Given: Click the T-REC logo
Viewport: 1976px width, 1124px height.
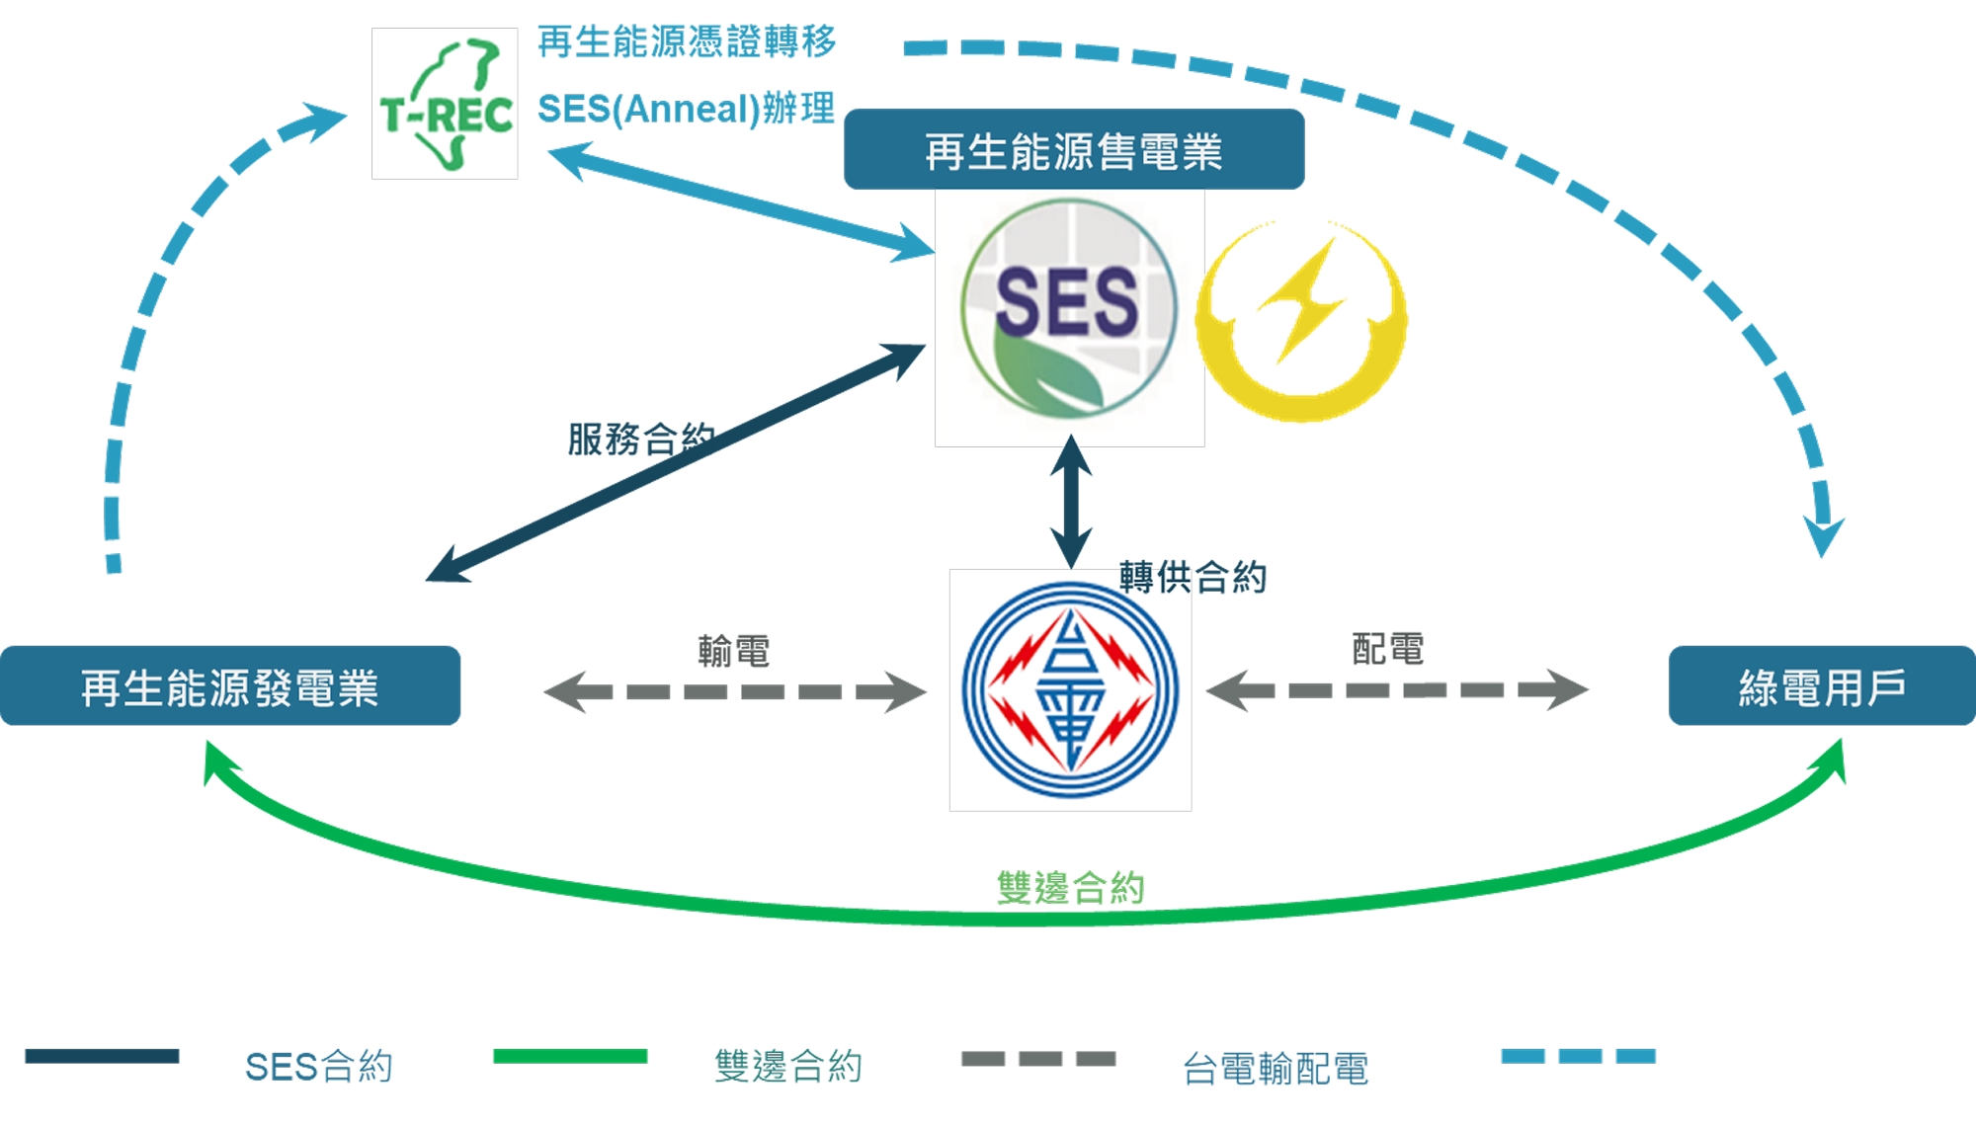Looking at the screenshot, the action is [445, 104].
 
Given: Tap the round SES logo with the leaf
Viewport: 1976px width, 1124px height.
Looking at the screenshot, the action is [1069, 308].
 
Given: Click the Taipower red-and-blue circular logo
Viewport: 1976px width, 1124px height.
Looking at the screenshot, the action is [1070, 690].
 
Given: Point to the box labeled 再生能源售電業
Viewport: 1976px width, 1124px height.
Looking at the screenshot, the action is [1074, 149].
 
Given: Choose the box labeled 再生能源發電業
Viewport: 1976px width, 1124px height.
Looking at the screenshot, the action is [230, 686].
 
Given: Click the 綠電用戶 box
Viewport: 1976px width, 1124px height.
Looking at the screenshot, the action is [1822, 686].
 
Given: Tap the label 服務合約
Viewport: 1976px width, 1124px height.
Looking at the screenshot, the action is [641, 439].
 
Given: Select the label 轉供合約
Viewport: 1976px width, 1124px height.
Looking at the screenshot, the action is [1193, 577].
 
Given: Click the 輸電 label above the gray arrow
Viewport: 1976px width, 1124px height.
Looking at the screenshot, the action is [733, 651].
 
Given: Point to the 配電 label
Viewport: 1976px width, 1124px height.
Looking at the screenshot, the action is [1388, 649].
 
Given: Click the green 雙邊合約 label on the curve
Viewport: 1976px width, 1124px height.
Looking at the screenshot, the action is [1071, 887].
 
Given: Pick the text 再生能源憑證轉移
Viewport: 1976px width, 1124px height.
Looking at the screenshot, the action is [687, 41].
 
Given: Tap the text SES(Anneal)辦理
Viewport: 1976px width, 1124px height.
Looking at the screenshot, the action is [687, 108].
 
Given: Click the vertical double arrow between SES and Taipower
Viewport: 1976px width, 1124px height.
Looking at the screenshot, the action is [1071, 502].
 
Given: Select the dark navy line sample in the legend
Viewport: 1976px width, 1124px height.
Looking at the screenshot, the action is [102, 1056].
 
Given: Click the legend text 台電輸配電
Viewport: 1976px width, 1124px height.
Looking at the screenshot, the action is [1276, 1068].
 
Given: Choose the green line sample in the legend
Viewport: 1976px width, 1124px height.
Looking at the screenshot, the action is [570, 1056].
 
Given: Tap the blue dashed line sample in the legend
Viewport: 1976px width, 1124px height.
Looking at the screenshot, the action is [1578, 1056].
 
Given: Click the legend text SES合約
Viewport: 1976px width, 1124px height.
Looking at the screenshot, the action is [319, 1067].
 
